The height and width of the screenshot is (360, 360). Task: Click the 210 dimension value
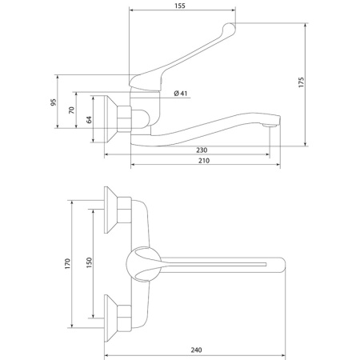point(203,161)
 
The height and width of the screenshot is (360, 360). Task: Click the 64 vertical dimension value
point(90,119)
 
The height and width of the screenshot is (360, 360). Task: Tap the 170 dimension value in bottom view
point(70,263)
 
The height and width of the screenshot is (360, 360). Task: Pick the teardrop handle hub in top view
point(142,263)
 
